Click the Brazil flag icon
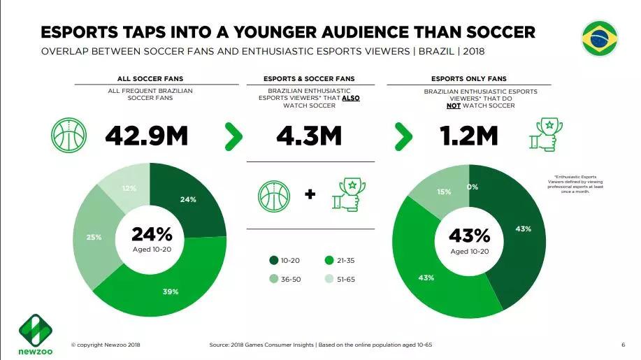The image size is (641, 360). pyautogui.click(x=600, y=38)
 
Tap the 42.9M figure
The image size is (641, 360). pyautogui.click(x=146, y=136)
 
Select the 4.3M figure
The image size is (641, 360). pyautogui.click(x=309, y=136)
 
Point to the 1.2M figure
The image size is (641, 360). pyautogui.click(x=468, y=136)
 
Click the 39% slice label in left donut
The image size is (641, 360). pyautogui.click(x=171, y=291)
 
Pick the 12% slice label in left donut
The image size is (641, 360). pyautogui.click(x=129, y=188)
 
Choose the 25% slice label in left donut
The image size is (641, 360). pyautogui.click(x=94, y=237)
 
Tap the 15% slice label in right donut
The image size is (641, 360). pyautogui.click(x=444, y=192)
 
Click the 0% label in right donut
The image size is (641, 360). pyautogui.click(x=473, y=187)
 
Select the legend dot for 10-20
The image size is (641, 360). pyautogui.click(x=274, y=261)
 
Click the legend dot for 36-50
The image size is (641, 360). pyautogui.click(x=274, y=278)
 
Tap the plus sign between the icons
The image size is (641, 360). pyautogui.click(x=310, y=194)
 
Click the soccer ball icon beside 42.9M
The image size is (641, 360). pyautogui.click(x=69, y=136)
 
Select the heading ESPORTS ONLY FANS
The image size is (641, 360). pyautogui.click(x=468, y=79)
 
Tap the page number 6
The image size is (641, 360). pyautogui.click(x=623, y=345)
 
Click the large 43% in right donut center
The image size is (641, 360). pyautogui.click(x=468, y=236)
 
